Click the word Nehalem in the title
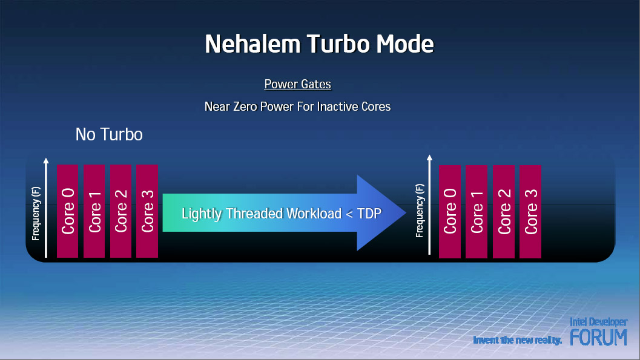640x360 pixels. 252,44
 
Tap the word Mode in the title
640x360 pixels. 404,44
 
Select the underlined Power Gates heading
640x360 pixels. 297,84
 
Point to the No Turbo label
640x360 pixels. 109,134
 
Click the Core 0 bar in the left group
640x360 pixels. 67,211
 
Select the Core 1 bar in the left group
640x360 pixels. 94,211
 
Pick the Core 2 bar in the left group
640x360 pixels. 121,211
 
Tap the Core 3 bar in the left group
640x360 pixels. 147,211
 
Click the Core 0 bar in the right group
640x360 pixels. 450,212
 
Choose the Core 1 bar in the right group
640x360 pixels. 477,212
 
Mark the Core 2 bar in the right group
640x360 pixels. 504,212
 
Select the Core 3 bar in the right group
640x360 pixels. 530,212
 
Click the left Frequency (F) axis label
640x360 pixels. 36,213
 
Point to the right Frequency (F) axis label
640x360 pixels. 420,211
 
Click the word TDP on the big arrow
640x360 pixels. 369,214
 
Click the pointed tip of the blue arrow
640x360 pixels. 406,212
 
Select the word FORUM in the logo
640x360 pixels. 598,338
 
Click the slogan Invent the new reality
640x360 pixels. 518,340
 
